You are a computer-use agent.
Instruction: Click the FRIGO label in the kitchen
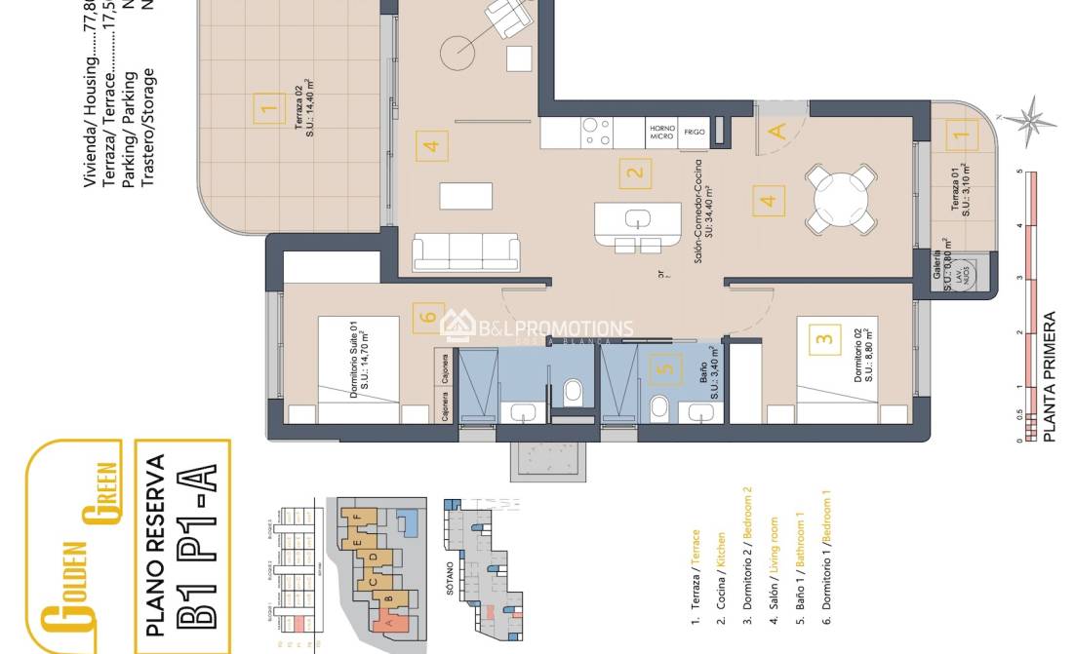pyautogui.click(x=695, y=132)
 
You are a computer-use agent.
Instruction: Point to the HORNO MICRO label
pyautogui.click(x=662, y=132)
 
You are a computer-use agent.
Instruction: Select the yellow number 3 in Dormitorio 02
pyautogui.click(x=825, y=339)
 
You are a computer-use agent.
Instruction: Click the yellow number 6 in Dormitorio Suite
pyautogui.click(x=427, y=317)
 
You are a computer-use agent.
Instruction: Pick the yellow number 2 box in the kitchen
pyautogui.click(x=635, y=175)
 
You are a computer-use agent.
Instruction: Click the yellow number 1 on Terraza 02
pyautogui.click(x=264, y=107)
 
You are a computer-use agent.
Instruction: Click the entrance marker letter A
pyautogui.click(x=777, y=132)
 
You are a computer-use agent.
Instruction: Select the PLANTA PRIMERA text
pyautogui.click(x=1050, y=377)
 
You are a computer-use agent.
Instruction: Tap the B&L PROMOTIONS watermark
pyautogui.click(x=537, y=328)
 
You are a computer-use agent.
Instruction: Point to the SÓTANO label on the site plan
pyautogui.click(x=450, y=580)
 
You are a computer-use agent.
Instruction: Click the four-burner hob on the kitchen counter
pyautogui.click(x=596, y=132)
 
